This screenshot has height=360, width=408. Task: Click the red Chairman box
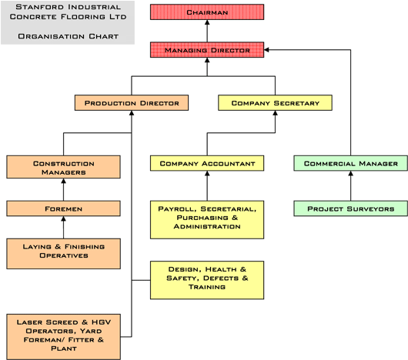tap(207, 12)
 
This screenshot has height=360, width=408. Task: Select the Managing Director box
tap(207, 50)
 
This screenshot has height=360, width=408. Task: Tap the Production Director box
tap(132, 103)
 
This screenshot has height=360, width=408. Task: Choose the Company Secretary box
tap(275, 103)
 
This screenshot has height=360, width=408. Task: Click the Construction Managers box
tap(63, 167)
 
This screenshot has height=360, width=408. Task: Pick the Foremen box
tap(63, 208)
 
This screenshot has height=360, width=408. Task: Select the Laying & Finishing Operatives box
tap(63, 254)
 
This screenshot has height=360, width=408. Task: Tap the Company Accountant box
tap(207, 163)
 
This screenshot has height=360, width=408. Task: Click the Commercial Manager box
tap(350, 163)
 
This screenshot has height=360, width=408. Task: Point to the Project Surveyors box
tap(350, 208)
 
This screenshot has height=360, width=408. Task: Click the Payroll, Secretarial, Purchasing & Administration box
tap(207, 220)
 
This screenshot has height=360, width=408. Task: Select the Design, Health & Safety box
tap(207, 280)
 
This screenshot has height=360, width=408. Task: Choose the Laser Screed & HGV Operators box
tap(63, 337)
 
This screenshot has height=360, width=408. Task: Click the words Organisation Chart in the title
tap(69, 36)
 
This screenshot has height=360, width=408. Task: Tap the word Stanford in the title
tap(35, 7)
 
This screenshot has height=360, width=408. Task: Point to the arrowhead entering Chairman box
tap(207, 22)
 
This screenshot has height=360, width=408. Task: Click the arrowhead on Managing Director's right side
tap(266, 50)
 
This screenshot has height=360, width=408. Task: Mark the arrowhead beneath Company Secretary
tap(275, 113)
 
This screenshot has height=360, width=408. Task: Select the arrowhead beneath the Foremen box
tap(63, 219)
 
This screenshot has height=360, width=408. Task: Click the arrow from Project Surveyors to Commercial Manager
tap(350, 186)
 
